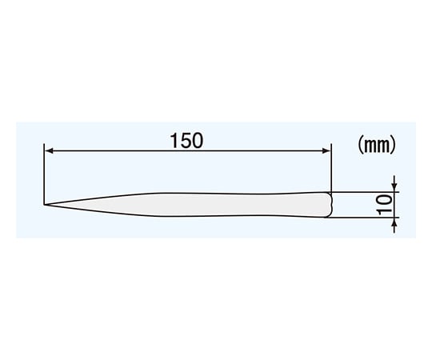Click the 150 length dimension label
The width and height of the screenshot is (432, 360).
(x=186, y=141)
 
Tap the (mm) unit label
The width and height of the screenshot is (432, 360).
(x=377, y=145)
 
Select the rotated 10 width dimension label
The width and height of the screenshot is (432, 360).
(x=385, y=205)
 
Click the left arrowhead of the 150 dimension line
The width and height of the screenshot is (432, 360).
(x=49, y=150)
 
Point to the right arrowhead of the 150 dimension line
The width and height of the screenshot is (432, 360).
(x=326, y=150)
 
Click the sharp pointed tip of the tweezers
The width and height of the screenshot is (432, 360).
(x=44, y=205)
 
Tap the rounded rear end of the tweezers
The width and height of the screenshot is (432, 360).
(x=331, y=205)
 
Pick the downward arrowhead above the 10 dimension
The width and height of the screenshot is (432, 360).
(x=395, y=187)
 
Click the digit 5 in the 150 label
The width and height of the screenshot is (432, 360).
(x=186, y=141)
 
